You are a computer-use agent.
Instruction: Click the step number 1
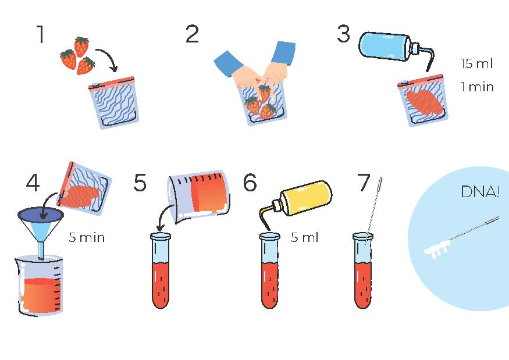click(x=41, y=34)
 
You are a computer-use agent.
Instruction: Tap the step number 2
click(x=192, y=34)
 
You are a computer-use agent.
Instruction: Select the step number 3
click(x=344, y=34)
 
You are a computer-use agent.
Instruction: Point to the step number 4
click(x=33, y=183)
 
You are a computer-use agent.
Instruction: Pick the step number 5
click(x=140, y=183)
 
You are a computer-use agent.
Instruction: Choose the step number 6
click(x=250, y=183)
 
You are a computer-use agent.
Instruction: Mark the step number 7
click(x=364, y=183)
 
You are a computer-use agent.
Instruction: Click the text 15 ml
click(x=476, y=63)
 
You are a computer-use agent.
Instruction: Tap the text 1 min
click(x=477, y=87)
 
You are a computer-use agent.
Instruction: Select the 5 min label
click(x=87, y=238)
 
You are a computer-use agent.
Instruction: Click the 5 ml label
click(x=304, y=238)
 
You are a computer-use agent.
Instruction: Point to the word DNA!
click(x=480, y=192)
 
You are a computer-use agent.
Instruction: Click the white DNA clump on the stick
click(x=437, y=250)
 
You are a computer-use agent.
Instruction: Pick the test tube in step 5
click(x=161, y=270)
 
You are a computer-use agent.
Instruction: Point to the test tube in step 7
click(x=363, y=270)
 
